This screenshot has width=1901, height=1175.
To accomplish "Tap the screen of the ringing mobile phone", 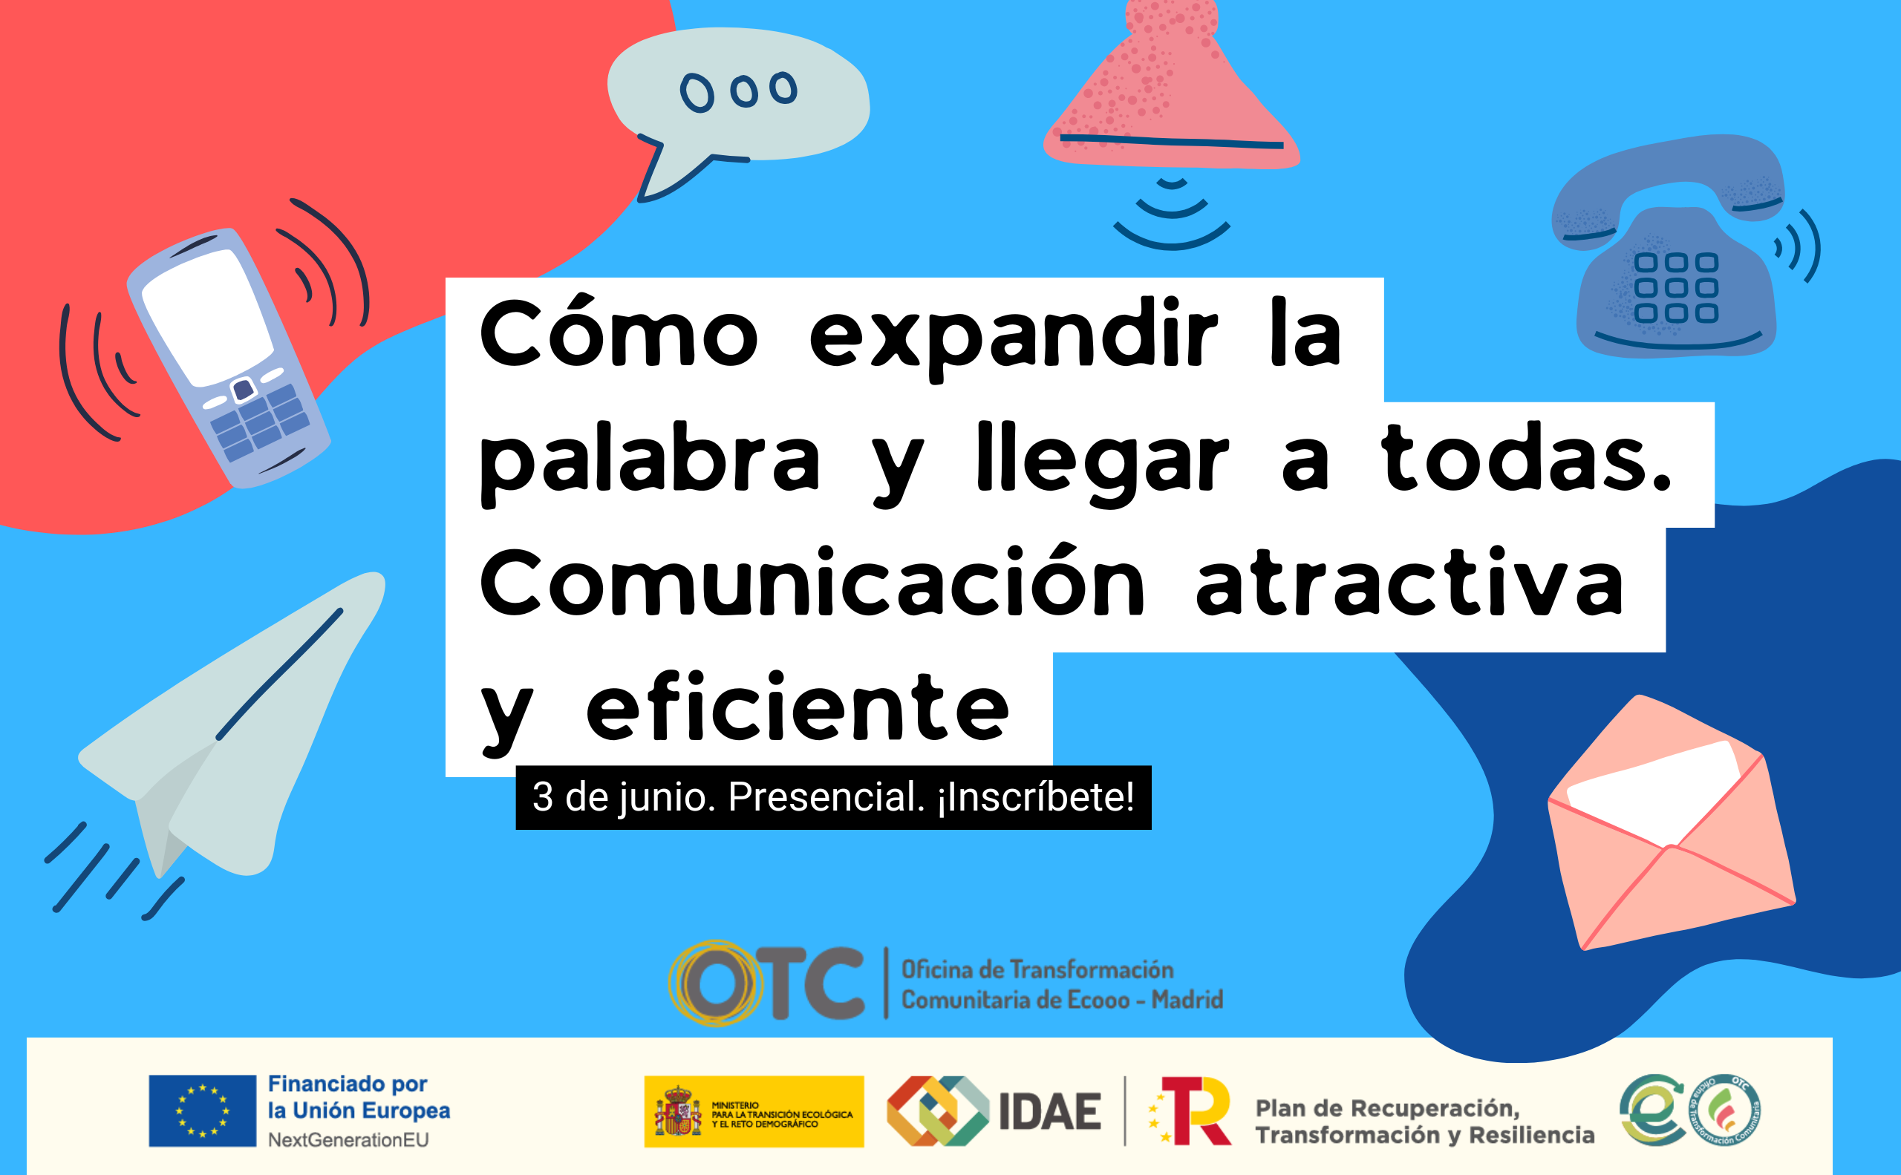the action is pyautogui.click(x=208, y=317).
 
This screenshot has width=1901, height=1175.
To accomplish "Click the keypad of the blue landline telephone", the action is pyautogui.click(x=1676, y=287).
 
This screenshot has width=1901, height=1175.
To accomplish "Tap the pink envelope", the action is pyautogui.click(x=1672, y=824).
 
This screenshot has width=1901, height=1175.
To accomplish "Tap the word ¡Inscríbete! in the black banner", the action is pyautogui.click(x=1036, y=797).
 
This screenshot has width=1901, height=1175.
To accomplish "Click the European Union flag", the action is pyautogui.click(x=202, y=1111).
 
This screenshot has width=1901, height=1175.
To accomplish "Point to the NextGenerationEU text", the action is pyautogui.click(x=348, y=1140).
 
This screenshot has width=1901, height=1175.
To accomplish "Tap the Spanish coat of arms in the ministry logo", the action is pyautogui.click(x=677, y=1112).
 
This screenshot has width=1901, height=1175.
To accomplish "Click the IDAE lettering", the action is pyautogui.click(x=1049, y=1112).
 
